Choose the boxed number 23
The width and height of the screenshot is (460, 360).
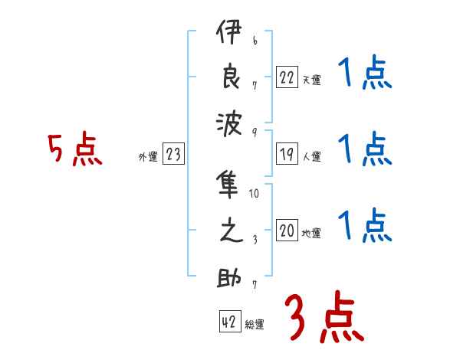click(173, 154)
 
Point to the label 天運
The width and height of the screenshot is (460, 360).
click(311, 80)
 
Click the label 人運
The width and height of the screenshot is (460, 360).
click(311, 156)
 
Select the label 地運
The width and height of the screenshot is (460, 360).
click(311, 233)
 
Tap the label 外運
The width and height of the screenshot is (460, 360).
click(148, 156)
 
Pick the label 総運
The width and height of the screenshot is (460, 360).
click(255, 325)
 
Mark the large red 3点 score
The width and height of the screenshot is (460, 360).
click(323, 317)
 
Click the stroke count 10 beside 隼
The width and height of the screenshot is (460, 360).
click(255, 193)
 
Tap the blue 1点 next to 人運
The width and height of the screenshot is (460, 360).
click(366, 149)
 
